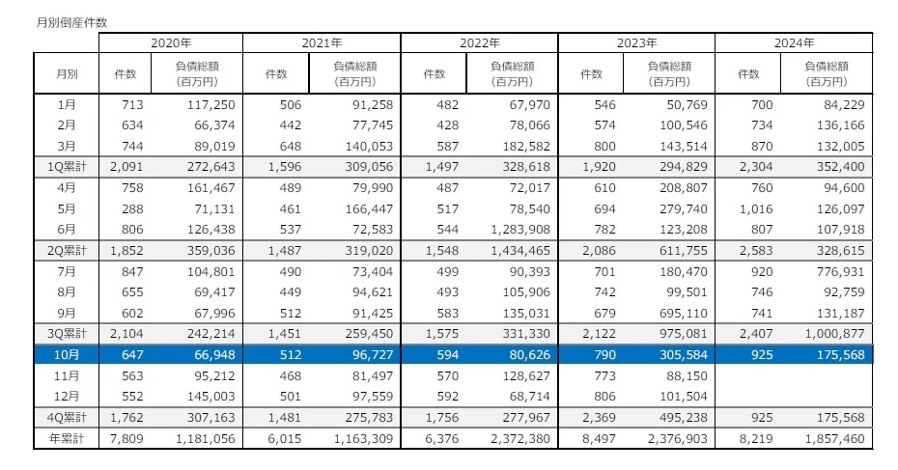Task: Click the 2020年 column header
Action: pos(171,43)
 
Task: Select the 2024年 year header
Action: pos(794,43)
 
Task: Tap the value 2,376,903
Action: pos(674,439)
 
